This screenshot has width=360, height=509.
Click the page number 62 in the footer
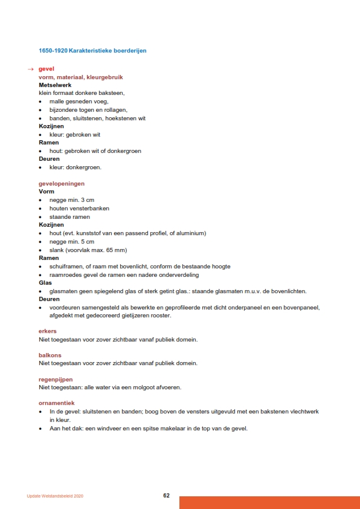166,496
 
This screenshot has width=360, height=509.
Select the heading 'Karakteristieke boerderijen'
108,50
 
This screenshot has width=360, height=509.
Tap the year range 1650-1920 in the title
53,50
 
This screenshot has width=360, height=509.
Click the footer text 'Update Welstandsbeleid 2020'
55,496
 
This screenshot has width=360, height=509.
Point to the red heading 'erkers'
48,331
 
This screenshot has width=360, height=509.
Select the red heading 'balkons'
50,355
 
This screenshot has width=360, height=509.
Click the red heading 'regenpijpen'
56,380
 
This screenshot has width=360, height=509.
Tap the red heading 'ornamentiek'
57,403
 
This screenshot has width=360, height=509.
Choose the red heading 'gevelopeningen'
62,183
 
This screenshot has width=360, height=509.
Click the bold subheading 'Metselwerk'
55,85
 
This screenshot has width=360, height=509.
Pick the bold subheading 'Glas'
45,282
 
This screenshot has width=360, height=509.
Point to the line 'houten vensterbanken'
79,209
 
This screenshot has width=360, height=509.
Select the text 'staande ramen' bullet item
69,216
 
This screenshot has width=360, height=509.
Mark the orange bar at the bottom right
269,502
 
